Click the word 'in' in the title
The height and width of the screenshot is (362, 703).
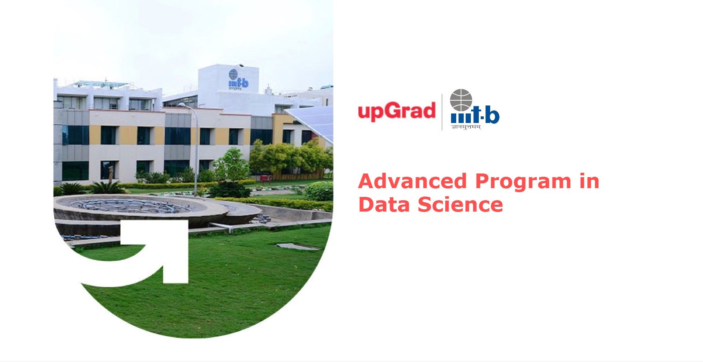[x=589, y=181]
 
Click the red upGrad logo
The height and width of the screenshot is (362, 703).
[x=397, y=111]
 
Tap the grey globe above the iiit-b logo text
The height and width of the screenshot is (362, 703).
[x=461, y=100]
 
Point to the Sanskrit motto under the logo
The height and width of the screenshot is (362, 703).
[x=466, y=127]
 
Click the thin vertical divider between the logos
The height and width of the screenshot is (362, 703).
[x=442, y=112]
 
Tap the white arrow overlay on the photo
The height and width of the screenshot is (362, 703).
[x=154, y=253]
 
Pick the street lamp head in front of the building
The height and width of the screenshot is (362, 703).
[x=182, y=105]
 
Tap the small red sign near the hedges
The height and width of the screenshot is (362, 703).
[x=266, y=178]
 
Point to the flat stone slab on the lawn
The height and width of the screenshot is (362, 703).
[x=297, y=247]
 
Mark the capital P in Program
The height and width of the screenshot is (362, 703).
[x=484, y=181]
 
